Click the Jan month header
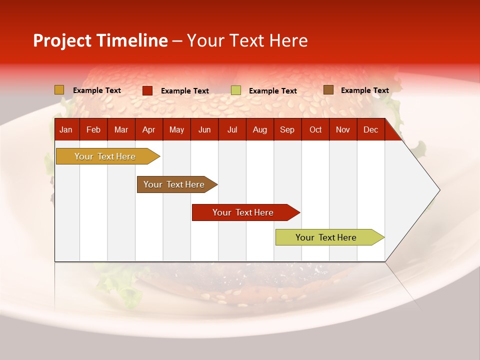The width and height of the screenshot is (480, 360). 66,130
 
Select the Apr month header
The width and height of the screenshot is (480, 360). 148,130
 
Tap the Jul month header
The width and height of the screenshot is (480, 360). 232,130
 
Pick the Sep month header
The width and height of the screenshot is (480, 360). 287,130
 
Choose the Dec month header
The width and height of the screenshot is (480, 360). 370,130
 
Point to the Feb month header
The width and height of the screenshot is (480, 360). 93,130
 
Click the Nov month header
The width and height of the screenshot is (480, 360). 343,130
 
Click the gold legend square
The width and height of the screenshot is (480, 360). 59,90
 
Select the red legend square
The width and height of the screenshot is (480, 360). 147,90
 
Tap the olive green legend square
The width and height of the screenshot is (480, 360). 236,90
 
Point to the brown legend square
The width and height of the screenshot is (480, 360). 328,90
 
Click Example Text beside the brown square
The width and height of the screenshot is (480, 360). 364,90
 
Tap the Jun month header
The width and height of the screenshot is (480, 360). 204,130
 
